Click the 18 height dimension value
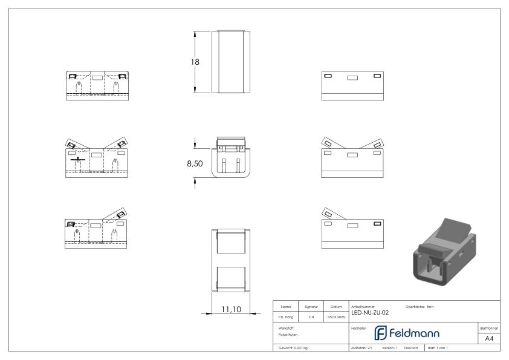195,62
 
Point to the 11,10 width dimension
230,309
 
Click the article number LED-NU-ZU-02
369,312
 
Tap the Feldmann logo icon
383,333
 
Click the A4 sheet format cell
489,338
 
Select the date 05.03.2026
336,315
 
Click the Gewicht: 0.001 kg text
293,349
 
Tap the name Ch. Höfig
285,315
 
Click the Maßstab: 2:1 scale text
361,349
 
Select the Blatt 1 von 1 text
439,349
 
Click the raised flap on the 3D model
454,229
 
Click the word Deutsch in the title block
411,349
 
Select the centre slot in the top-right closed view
352,77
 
